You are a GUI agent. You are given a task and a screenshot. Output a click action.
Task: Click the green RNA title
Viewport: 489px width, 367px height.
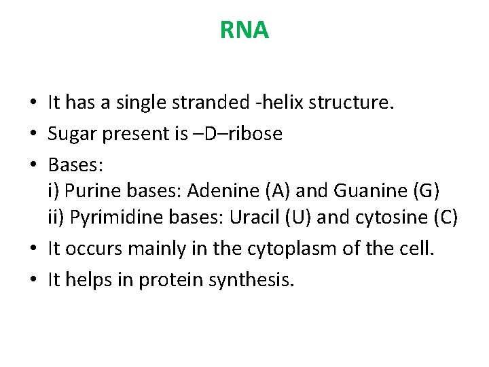(x=244, y=31)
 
